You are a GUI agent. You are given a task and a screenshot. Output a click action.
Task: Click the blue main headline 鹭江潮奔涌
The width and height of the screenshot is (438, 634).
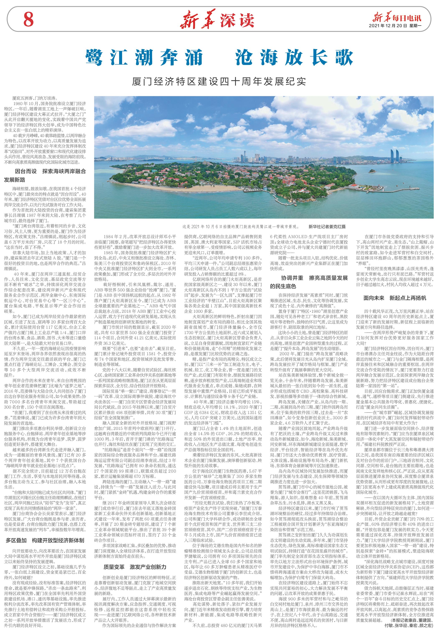pos(144,57)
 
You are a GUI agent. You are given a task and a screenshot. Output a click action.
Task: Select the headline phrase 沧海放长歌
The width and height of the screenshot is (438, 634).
pos(293,57)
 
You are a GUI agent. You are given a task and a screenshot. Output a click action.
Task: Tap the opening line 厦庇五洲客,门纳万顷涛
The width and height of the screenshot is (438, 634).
pos(34,98)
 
